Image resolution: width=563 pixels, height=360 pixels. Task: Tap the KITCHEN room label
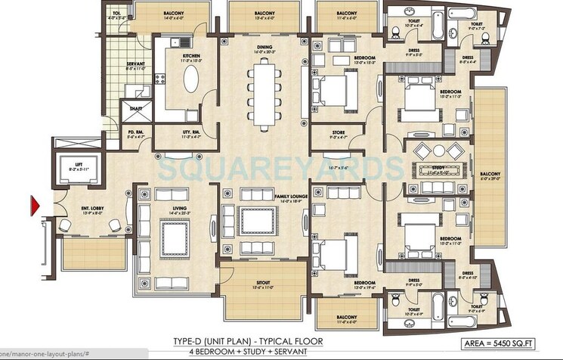tap(190, 56)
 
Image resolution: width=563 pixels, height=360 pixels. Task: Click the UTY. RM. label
tap(191, 132)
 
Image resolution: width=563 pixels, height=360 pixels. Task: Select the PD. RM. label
tap(136, 132)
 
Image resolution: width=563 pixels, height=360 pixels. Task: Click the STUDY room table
tap(437, 168)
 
